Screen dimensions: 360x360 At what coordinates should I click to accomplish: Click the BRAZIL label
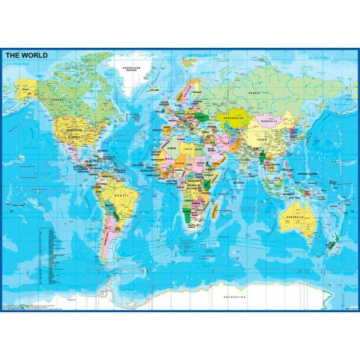(x=120, y=196)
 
